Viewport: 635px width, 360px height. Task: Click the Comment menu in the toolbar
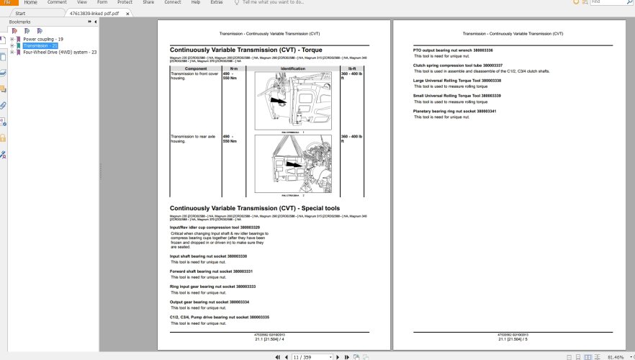tap(57, 3)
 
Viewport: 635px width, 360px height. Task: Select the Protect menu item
tap(125, 3)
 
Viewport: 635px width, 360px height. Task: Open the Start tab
tap(21, 13)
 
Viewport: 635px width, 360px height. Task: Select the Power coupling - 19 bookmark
tap(43, 39)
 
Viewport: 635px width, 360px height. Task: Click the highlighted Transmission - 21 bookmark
tap(40, 45)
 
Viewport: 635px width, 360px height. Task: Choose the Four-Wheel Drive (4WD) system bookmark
tap(60, 52)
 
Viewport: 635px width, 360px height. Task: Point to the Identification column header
tap(293, 68)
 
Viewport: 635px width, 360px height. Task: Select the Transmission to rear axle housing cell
tap(194, 138)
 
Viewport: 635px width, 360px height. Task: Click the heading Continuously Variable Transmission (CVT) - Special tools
tap(254, 208)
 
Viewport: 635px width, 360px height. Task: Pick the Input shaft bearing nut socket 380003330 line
tap(208, 256)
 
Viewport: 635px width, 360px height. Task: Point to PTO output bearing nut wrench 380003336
tap(453, 50)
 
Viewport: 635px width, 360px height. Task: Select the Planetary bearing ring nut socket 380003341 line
tap(454, 111)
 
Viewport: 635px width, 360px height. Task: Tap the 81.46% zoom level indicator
tap(616, 356)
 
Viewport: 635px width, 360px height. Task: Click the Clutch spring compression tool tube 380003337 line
tap(457, 65)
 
